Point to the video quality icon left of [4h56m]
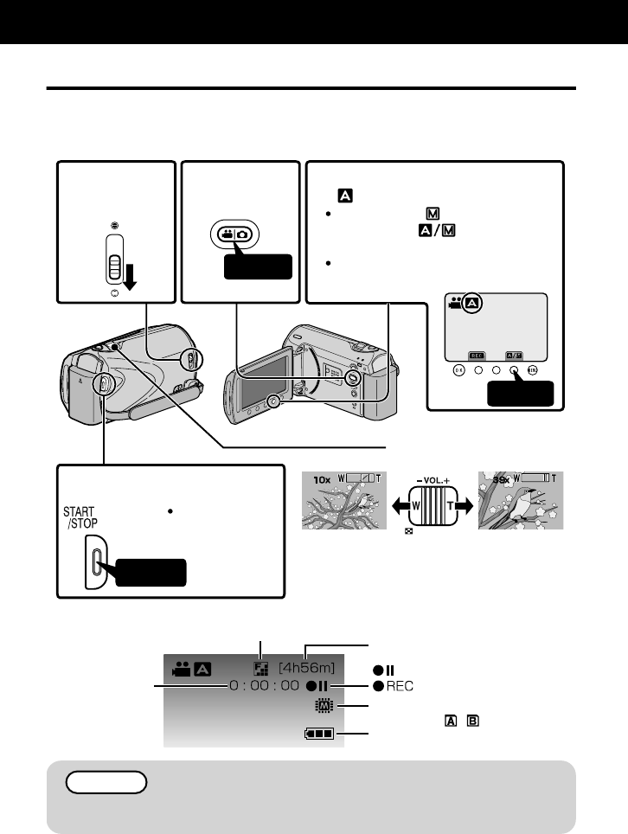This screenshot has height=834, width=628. click(261, 668)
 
